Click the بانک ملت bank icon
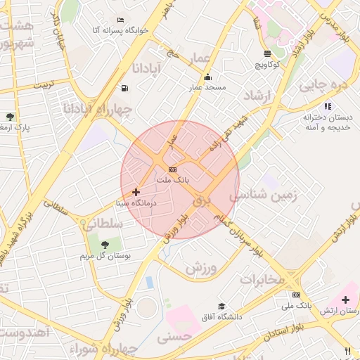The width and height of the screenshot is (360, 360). pos(172,169)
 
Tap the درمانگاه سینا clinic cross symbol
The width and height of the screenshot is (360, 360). pos(136,191)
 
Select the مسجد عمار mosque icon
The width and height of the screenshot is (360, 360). pos(207,77)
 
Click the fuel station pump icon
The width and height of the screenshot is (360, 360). pos(124,88)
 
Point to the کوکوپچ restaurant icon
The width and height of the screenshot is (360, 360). pos(267,53)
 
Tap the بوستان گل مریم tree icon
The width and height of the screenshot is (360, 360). pos(105,245)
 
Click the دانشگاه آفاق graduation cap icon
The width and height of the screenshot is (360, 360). pos(221,307)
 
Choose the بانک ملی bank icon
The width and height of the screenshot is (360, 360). pos(296,295)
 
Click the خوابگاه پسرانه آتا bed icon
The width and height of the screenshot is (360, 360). pos(121,20)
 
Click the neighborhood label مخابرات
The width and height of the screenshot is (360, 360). pos(262,279)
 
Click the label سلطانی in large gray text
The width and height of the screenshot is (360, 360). pos(103,224)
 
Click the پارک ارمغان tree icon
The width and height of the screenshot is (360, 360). pos(9,117)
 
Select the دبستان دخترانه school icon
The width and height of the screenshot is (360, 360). pos(328,106)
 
